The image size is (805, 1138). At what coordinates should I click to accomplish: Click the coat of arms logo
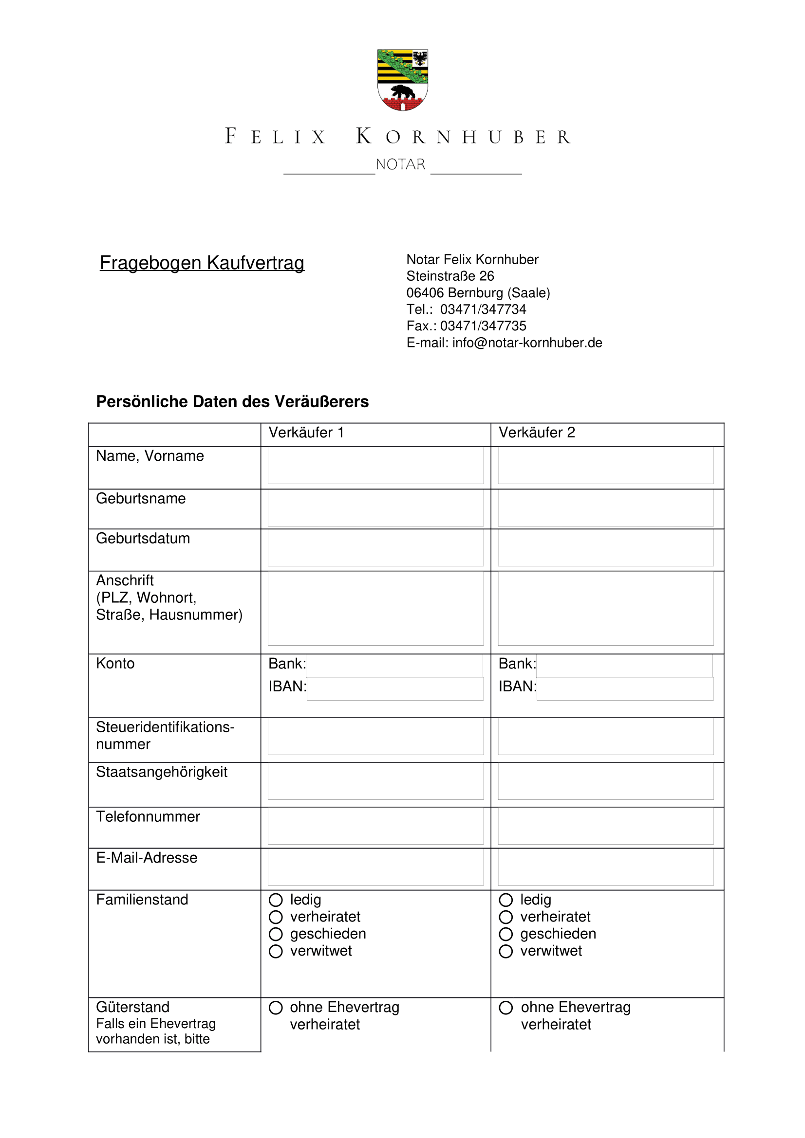[x=402, y=80]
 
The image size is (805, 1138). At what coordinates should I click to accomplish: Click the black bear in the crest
[x=403, y=92]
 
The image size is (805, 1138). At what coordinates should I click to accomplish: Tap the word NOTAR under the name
[x=401, y=164]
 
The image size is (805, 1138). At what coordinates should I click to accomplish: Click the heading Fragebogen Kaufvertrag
[x=202, y=263]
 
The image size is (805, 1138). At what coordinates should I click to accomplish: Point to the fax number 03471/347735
[x=483, y=326]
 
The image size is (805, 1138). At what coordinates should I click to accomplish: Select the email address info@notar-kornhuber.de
[x=527, y=343]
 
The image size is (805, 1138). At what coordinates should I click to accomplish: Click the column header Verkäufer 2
[x=537, y=433]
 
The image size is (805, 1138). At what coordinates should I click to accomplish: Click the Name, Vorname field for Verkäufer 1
[x=375, y=466]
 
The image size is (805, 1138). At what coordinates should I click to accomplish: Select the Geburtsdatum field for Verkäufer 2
[x=606, y=548]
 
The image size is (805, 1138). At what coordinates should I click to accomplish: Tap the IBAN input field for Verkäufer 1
[x=395, y=688]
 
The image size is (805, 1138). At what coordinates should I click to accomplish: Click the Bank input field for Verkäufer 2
[x=624, y=666]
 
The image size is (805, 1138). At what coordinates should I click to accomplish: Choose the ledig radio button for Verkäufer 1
[x=276, y=900]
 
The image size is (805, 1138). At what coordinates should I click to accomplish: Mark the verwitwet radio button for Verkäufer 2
[x=506, y=952]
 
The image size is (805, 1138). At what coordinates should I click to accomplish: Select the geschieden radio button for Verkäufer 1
[x=276, y=934]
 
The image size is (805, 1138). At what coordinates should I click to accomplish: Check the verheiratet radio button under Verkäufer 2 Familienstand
[x=506, y=917]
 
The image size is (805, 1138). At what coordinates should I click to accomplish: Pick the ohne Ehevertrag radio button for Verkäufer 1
[x=276, y=1008]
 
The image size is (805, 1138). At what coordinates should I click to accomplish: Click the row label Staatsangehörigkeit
[x=162, y=772]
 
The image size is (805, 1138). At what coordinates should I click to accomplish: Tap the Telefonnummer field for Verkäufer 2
[x=606, y=826]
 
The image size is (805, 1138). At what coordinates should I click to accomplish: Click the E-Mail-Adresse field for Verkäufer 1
[x=375, y=867]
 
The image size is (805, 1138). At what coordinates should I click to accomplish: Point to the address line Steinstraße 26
[x=450, y=276]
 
